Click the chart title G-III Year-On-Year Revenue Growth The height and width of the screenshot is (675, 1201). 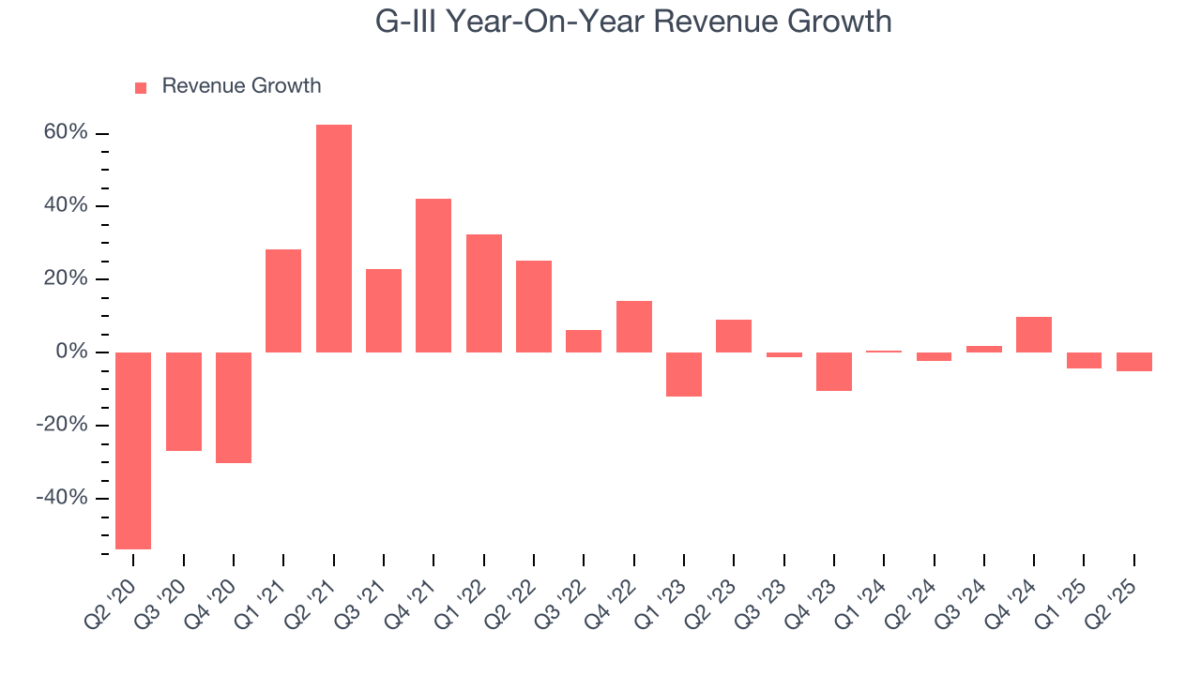[x=633, y=21]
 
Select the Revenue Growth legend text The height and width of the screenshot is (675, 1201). [x=241, y=86]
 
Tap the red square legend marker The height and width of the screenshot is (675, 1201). [x=141, y=87]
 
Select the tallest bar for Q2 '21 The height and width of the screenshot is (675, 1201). [x=334, y=238]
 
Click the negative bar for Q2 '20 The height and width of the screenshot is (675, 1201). [x=133, y=450]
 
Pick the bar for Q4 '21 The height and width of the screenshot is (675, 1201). [x=433, y=276]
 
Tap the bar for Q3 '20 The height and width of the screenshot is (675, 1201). [x=184, y=401]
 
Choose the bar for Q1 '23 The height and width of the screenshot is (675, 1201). [x=684, y=374]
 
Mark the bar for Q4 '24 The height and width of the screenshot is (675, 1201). [x=1034, y=335]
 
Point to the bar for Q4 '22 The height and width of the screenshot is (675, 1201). [x=634, y=326]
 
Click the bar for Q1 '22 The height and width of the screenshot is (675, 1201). [x=484, y=293]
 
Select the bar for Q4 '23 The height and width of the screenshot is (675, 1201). [x=834, y=371]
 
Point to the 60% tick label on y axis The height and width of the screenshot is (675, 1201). [x=66, y=133]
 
